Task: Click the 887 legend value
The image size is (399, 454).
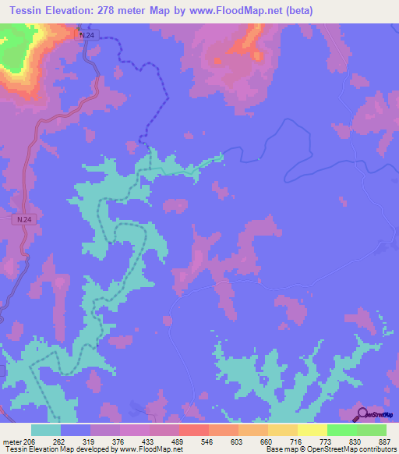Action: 384,441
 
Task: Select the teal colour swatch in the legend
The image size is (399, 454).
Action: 46,430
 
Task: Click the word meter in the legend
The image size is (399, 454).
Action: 12,441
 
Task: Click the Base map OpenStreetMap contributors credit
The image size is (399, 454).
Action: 330,450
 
